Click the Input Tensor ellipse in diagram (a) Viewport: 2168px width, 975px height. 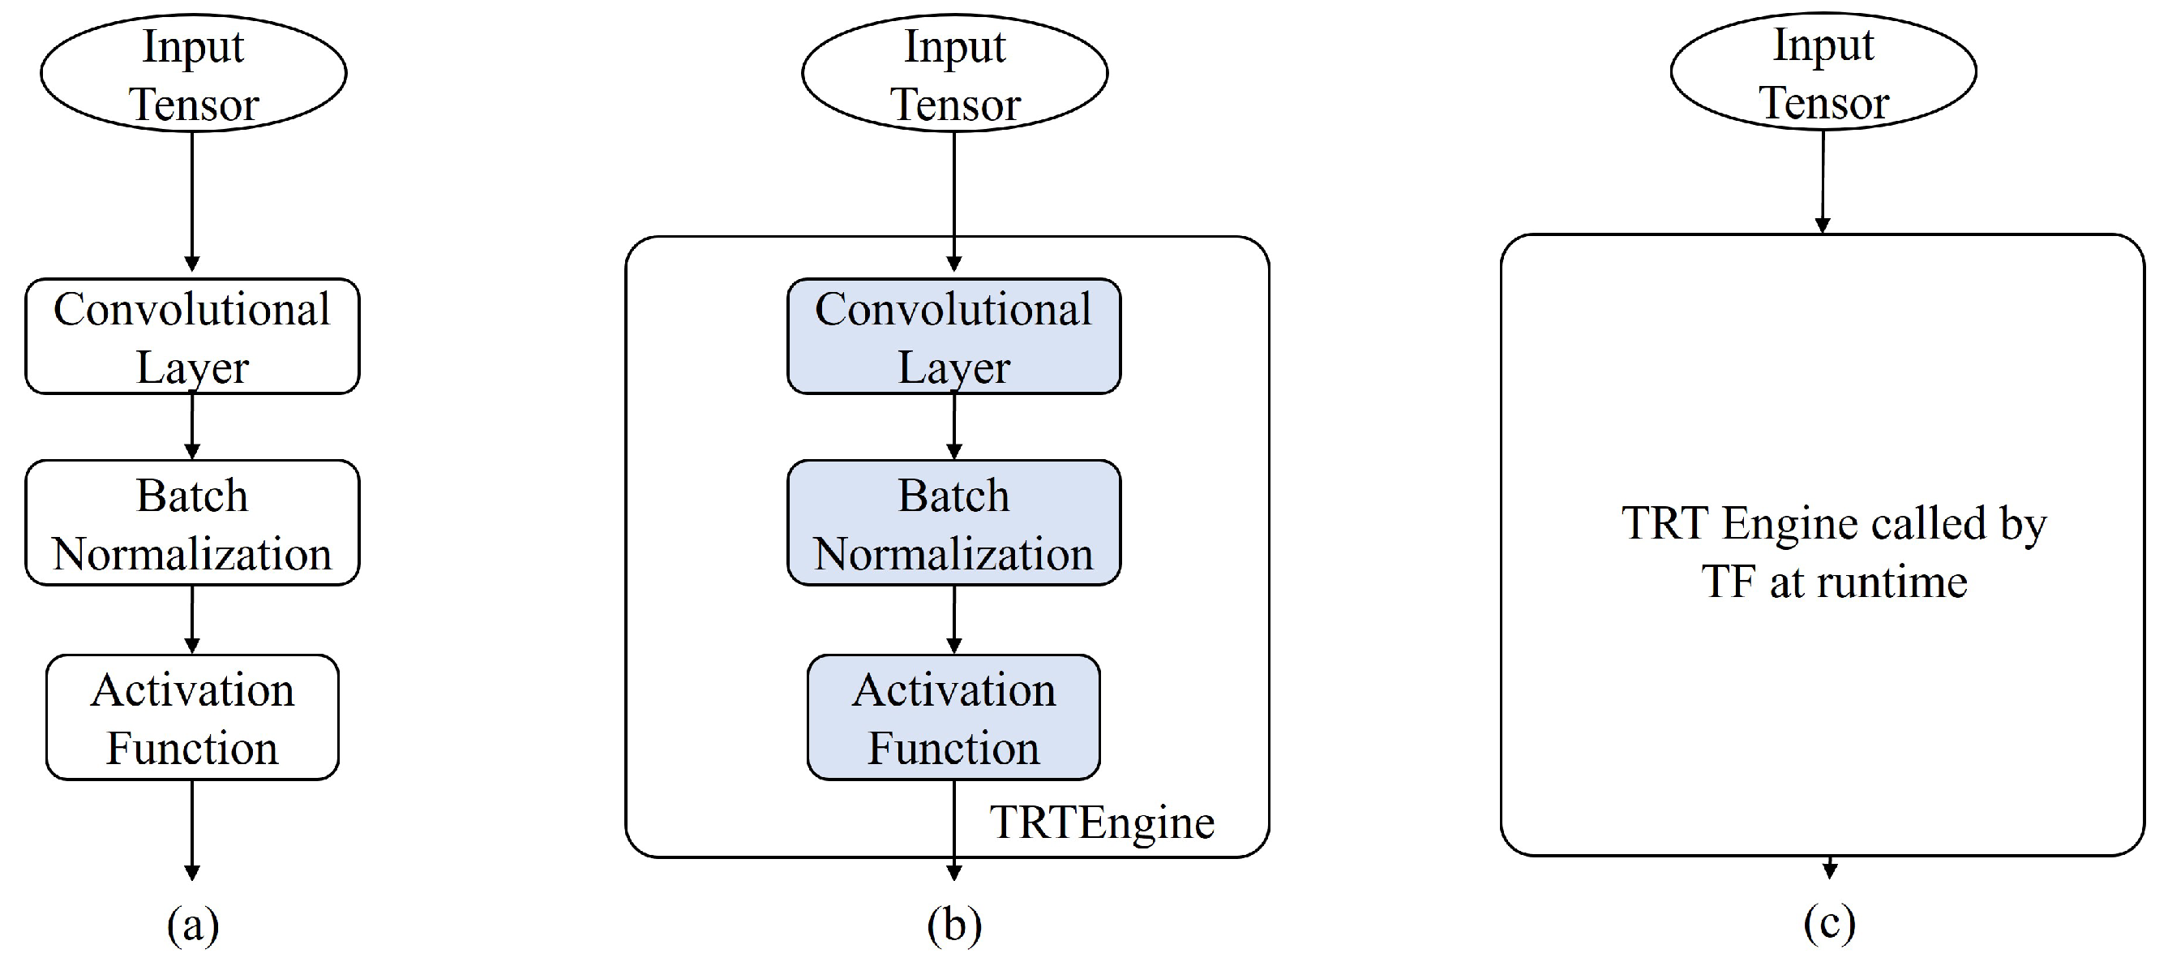pyautogui.click(x=193, y=73)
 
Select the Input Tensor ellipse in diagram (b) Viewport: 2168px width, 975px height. pyautogui.click(x=954, y=73)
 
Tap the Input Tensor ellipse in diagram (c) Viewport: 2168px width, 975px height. pyautogui.click(x=1823, y=71)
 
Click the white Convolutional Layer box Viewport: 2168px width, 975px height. pyautogui.click(x=193, y=336)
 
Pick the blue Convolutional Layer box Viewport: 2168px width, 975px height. pyautogui.click(x=953, y=336)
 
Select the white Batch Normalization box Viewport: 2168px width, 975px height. pyautogui.click(x=193, y=523)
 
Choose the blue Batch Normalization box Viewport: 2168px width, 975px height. pyautogui.click(x=953, y=523)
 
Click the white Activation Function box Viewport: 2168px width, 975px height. pyautogui.click(x=193, y=717)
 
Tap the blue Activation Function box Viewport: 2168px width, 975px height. pyautogui.click(x=953, y=717)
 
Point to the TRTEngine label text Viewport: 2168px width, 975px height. pyautogui.click(x=1102, y=822)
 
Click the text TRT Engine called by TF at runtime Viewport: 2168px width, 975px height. pyautogui.click(x=1834, y=552)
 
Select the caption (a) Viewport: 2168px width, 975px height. pyautogui.click(x=193, y=926)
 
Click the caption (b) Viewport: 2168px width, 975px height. pyautogui.click(x=954, y=926)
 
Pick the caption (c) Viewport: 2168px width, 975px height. pyautogui.click(x=1830, y=924)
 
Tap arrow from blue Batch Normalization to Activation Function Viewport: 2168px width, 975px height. pyautogui.click(x=953, y=620)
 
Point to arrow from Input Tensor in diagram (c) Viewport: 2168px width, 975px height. pyautogui.click(x=1823, y=182)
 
